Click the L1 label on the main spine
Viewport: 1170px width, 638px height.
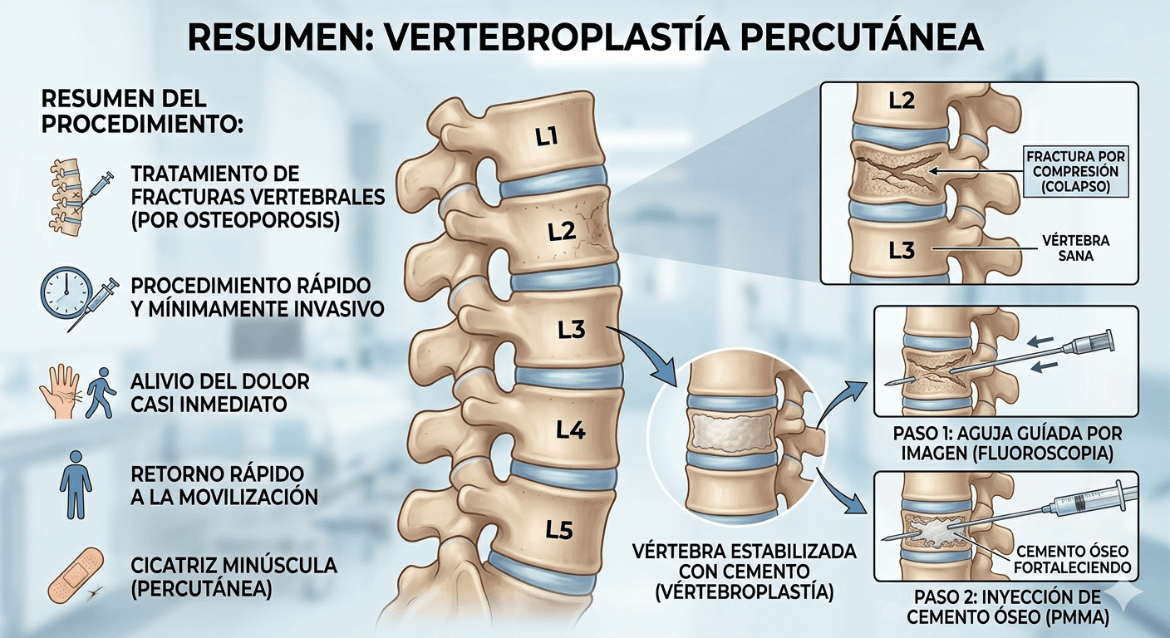(x=546, y=138)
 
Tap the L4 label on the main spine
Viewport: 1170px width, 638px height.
(x=571, y=430)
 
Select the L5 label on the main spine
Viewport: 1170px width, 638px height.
(x=558, y=529)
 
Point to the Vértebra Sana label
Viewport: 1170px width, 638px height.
(x=1075, y=248)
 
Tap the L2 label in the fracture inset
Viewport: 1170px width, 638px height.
(x=901, y=101)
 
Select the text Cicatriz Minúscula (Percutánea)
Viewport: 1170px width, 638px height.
(x=234, y=577)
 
